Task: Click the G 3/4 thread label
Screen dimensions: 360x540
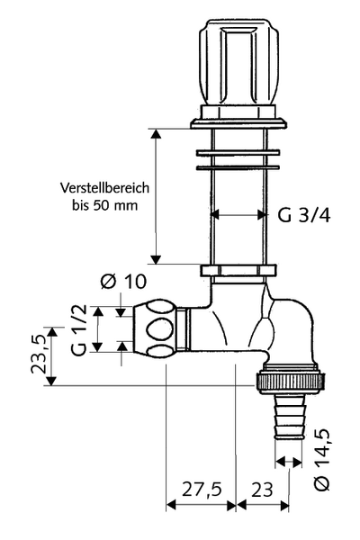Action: [304, 216]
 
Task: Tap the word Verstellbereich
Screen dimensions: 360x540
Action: [105, 188]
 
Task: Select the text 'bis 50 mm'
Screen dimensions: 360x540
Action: [105, 205]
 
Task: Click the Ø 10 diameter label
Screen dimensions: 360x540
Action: [123, 282]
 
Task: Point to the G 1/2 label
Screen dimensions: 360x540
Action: [79, 330]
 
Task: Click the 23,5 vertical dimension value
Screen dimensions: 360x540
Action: [39, 354]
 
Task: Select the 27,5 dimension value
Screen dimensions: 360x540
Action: [202, 489]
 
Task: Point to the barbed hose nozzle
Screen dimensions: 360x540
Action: [290, 417]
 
